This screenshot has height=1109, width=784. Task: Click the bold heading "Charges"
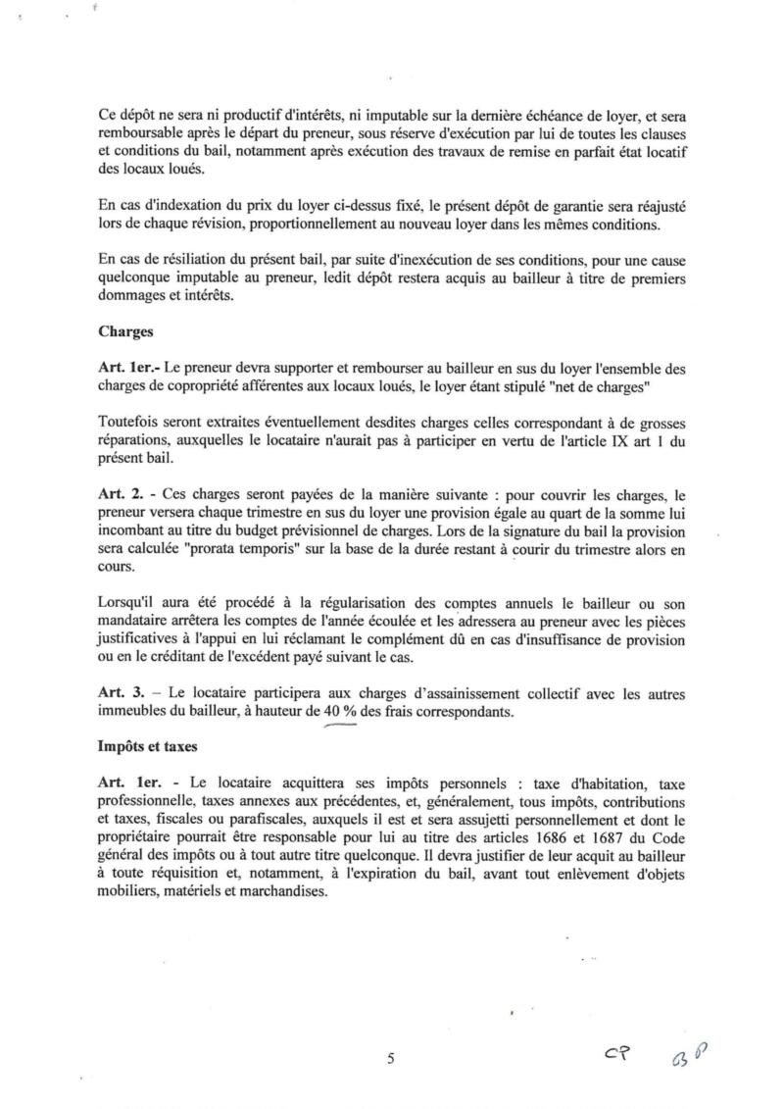coord(124,331)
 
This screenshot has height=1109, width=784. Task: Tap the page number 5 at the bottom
coord(391,1058)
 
